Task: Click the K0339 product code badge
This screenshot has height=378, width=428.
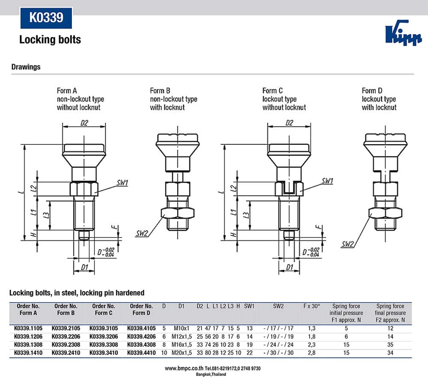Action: (46, 18)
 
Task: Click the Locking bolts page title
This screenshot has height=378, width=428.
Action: (50, 40)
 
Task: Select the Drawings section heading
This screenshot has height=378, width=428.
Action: (26, 67)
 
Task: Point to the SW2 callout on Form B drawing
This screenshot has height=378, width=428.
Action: (142, 233)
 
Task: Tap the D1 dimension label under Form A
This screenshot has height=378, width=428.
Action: (84, 267)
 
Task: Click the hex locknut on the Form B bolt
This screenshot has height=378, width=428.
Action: (178, 214)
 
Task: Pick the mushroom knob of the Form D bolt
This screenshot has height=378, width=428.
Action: (385, 145)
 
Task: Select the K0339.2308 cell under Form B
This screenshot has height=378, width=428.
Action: (66, 345)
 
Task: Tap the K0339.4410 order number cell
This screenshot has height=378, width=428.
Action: (141, 352)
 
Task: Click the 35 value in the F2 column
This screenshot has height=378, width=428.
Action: (390, 345)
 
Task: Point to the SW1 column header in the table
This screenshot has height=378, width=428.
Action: (250, 306)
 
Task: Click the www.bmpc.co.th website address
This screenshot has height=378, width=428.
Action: (184, 368)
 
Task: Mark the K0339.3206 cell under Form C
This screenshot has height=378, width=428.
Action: (103, 336)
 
